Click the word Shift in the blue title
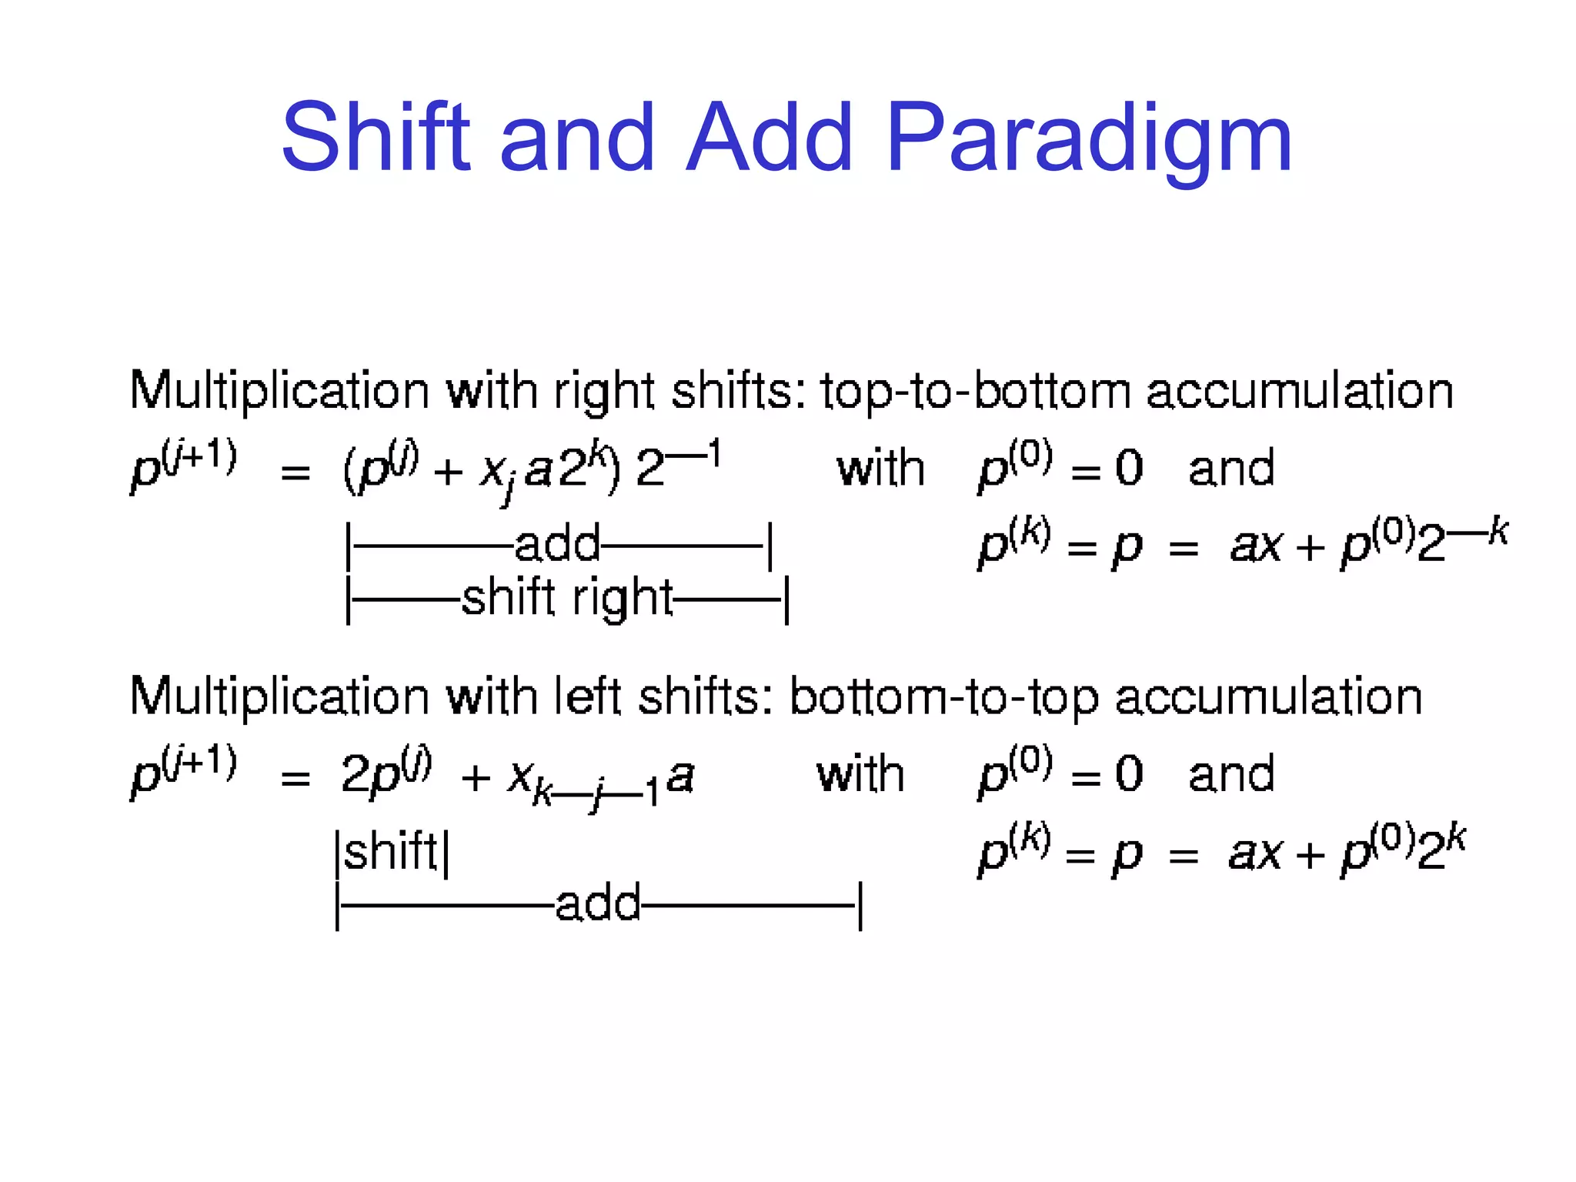pyautogui.click(x=375, y=139)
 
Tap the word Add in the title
pyautogui.click(x=769, y=139)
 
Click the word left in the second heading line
pyautogui.click(x=588, y=697)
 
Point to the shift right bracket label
pyautogui.click(x=567, y=599)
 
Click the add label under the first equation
pyautogui.click(x=557, y=545)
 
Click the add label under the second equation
pyautogui.click(x=598, y=903)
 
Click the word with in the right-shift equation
pyautogui.click(x=880, y=469)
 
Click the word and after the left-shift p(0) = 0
pyautogui.click(x=1230, y=774)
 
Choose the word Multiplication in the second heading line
pyautogui.click(x=279, y=697)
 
